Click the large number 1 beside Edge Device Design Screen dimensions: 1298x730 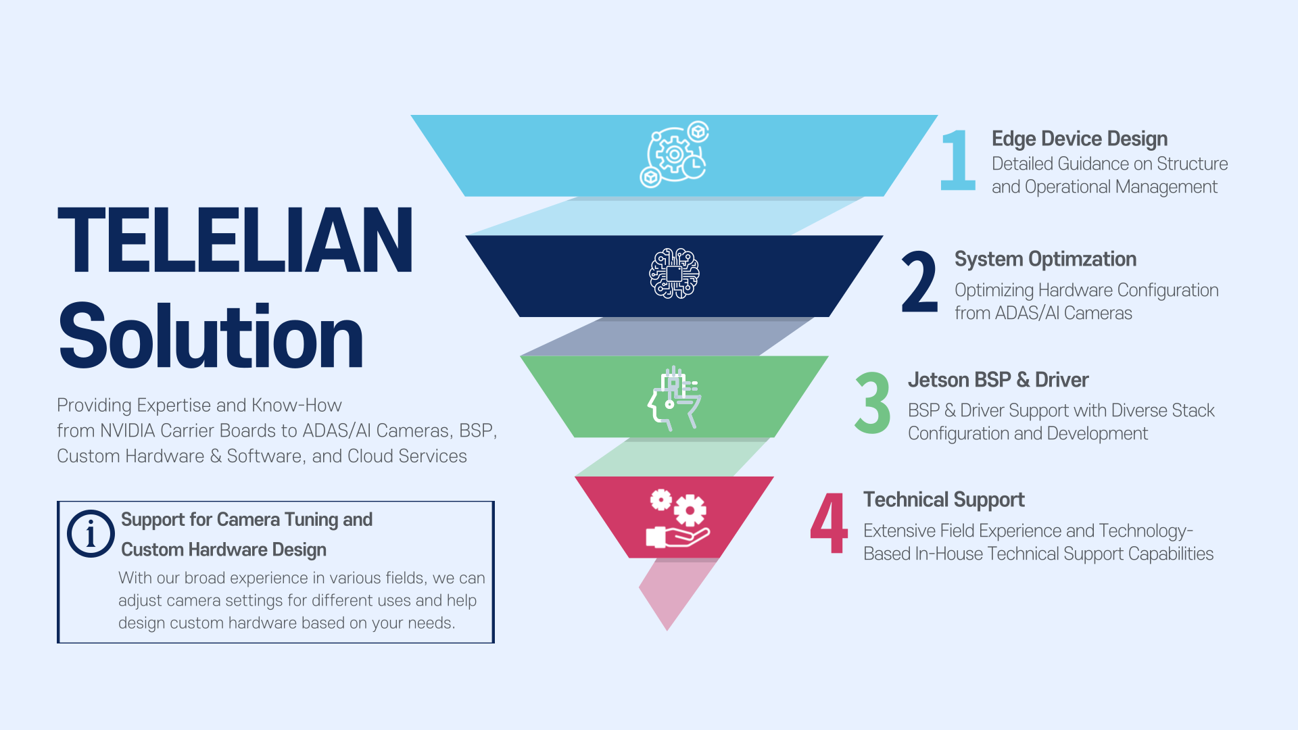pos(958,160)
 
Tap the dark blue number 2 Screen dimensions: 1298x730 pos(920,281)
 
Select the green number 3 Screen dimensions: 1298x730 pos(873,402)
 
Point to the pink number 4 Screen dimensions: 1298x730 pos(829,522)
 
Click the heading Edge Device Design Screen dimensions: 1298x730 pos(1080,139)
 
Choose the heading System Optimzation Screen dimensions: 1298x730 pos(1045,259)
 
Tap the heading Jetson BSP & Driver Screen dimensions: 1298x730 pos(998,380)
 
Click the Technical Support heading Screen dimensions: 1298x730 pos(944,500)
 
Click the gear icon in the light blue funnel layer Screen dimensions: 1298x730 pos(674,155)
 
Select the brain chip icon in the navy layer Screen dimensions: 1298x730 pos(674,273)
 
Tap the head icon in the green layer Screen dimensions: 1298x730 pos(674,398)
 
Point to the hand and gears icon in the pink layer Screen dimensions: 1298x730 pos(677,518)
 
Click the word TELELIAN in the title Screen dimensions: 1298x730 pos(235,240)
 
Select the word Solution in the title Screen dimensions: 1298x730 pos(211,337)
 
